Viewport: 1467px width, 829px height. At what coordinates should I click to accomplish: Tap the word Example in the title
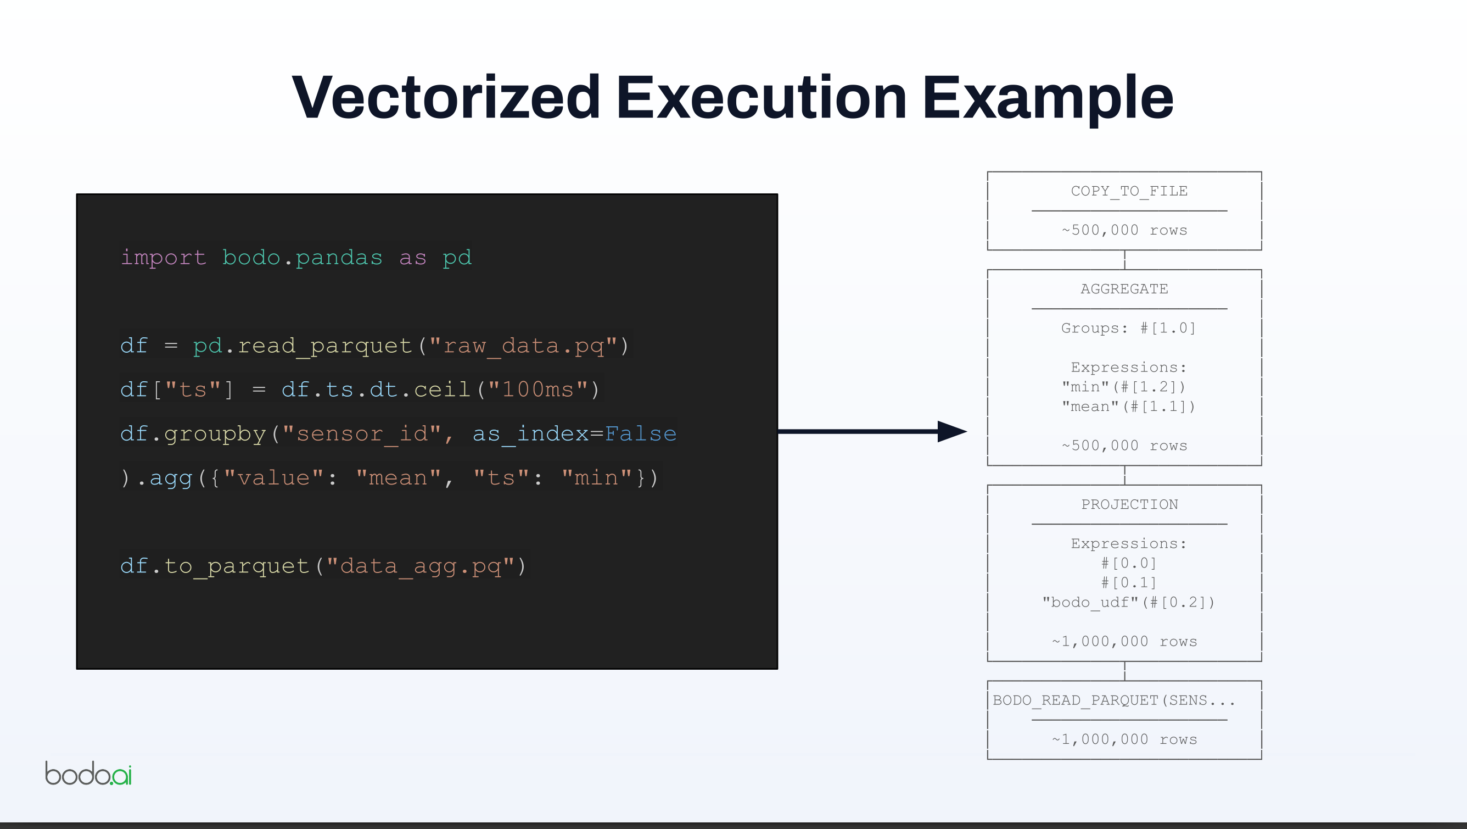tap(1048, 98)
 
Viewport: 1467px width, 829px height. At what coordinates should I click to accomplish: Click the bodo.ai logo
tap(88, 773)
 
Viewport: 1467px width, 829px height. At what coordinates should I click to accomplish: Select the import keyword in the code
tap(164, 258)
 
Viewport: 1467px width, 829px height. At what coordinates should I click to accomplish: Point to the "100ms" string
tap(537, 390)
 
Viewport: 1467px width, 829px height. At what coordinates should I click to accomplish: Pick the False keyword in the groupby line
tap(640, 434)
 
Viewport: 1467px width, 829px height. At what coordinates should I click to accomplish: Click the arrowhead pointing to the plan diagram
tap(951, 431)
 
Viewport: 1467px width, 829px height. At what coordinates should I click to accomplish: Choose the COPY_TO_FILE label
tap(1129, 191)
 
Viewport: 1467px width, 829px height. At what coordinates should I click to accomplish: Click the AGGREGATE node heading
tap(1124, 289)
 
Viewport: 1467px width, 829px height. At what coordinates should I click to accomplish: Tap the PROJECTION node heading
tap(1129, 504)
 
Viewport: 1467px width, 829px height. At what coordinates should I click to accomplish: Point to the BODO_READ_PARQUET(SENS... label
tap(1113, 700)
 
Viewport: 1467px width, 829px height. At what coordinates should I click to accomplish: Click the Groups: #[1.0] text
tap(1128, 328)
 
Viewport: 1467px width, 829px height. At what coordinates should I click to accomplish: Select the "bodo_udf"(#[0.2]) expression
tap(1128, 602)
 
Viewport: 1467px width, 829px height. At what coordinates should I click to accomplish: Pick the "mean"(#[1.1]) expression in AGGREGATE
tap(1128, 407)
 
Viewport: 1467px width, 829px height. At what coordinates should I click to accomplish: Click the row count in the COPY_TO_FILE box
tap(1124, 230)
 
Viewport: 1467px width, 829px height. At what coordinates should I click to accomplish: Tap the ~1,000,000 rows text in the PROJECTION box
tap(1124, 642)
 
